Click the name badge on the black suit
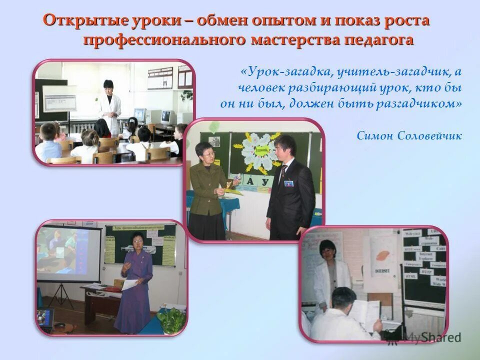(288, 183)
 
